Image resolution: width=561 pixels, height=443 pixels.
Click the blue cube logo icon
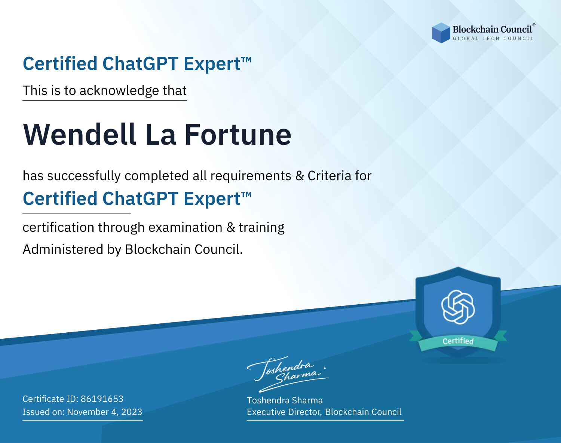coord(441,33)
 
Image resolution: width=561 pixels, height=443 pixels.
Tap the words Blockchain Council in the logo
coord(492,30)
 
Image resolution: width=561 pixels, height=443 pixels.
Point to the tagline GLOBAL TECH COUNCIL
coord(493,39)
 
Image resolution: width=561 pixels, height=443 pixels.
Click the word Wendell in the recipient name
coord(80,135)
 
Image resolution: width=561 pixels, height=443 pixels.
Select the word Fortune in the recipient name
coord(238,135)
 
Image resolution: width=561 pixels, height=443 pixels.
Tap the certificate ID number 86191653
coord(102,399)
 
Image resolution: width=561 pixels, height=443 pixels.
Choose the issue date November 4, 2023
coord(105,412)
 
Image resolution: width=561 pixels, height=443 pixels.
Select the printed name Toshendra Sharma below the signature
coord(285,400)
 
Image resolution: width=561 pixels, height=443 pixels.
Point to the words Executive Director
coord(284,412)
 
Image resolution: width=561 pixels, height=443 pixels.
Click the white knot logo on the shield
coord(458,307)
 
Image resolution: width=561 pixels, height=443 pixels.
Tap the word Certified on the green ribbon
coord(458,341)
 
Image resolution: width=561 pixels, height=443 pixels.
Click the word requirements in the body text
coord(251,176)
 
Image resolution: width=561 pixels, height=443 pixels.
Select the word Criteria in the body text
coord(329,176)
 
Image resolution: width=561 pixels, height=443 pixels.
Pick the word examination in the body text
coord(186,227)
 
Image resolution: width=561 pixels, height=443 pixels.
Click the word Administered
coord(63,249)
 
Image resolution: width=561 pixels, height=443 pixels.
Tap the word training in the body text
coord(262,228)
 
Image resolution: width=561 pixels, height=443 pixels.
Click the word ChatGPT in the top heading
coord(140,64)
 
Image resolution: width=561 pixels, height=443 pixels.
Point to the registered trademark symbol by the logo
coord(534,25)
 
